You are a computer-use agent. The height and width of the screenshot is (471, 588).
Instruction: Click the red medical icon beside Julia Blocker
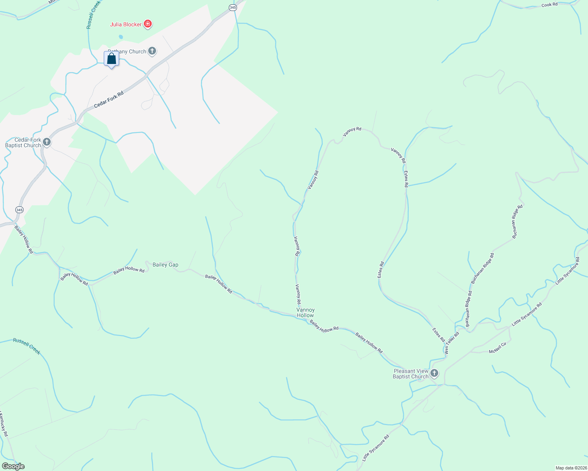click(148, 24)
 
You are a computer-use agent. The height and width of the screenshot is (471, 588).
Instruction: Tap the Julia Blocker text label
click(126, 24)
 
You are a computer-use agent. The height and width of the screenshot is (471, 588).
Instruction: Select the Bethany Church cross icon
click(152, 51)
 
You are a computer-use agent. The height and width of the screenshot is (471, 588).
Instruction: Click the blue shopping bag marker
click(112, 59)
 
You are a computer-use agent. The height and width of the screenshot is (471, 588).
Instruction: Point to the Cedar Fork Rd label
click(109, 100)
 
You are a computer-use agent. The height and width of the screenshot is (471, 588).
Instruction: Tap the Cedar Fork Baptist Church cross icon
click(47, 142)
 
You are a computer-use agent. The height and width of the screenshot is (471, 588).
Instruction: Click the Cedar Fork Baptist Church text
click(23, 142)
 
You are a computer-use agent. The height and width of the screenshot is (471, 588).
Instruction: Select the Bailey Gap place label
click(165, 265)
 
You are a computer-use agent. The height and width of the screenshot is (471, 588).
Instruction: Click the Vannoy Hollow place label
click(305, 312)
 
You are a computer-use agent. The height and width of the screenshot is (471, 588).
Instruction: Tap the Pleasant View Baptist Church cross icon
click(434, 373)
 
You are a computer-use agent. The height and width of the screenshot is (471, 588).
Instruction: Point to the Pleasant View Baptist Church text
click(411, 374)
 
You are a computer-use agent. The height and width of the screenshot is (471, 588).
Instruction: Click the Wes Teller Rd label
click(452, 343)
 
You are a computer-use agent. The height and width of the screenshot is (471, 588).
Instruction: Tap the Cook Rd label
click(549, 5)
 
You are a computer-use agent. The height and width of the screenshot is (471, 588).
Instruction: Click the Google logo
click(13, 466)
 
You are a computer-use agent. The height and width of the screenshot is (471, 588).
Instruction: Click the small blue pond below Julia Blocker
click(121, 37)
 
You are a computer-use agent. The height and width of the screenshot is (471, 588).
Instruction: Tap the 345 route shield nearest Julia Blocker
click(233, 7)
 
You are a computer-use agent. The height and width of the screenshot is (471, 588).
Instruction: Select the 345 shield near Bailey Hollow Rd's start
click(19, 210)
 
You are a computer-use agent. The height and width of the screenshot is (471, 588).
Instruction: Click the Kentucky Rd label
click(4, 424)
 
